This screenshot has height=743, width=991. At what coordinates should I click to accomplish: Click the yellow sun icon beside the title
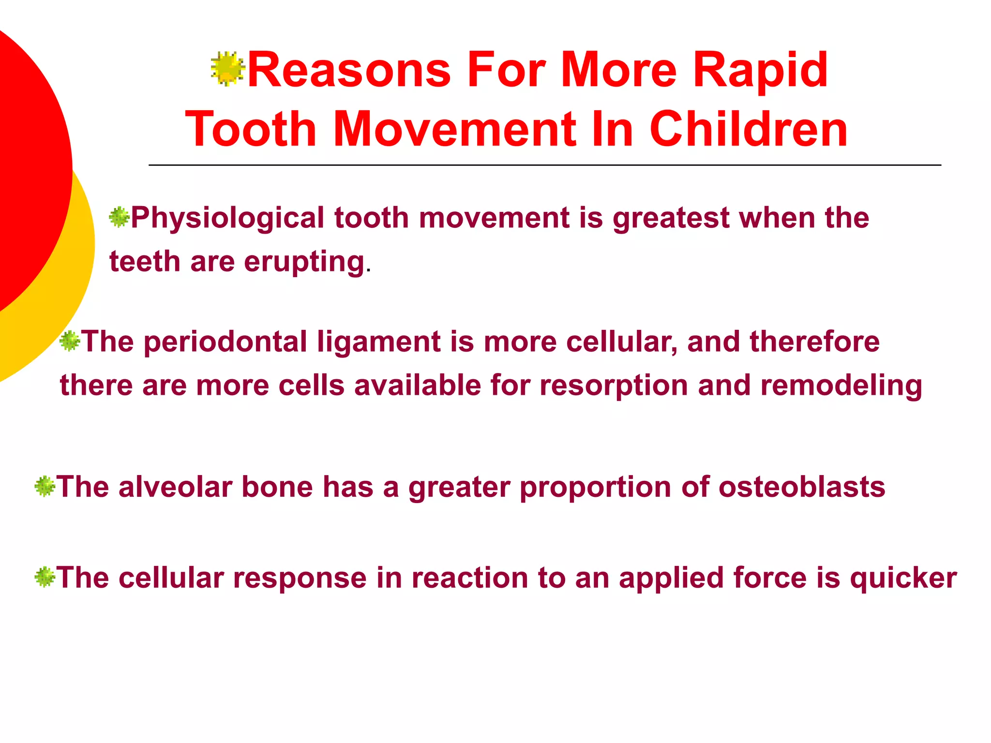(227, 69)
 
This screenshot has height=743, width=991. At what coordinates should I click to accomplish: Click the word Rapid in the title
(760, 71)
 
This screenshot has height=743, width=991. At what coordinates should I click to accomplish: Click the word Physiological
(227, 219)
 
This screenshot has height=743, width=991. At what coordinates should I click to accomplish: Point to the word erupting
(303, 262)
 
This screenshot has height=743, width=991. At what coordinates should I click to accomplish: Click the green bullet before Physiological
(119, 217)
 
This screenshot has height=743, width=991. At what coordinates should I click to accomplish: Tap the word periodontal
(225, 342)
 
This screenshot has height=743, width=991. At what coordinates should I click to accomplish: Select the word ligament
(378, 342)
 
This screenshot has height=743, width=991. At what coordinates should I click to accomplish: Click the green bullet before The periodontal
(69, 342)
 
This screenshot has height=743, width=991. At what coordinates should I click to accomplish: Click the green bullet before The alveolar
(45, 486)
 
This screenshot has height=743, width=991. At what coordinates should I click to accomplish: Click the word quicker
(903, 579)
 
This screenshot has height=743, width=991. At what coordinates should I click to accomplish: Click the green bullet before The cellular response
(45, 577)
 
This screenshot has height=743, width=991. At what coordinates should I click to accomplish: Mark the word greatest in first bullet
(671, 219)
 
